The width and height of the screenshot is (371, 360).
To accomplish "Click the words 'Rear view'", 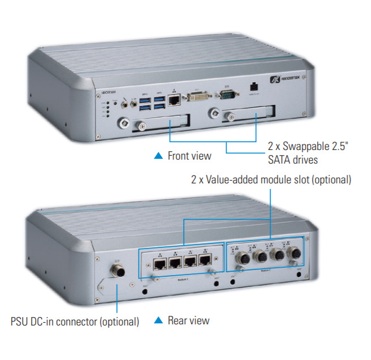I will (188, 321).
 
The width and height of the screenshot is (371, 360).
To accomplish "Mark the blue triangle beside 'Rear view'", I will (159, 321).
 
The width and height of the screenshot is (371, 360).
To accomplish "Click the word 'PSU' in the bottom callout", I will (20, 322).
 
